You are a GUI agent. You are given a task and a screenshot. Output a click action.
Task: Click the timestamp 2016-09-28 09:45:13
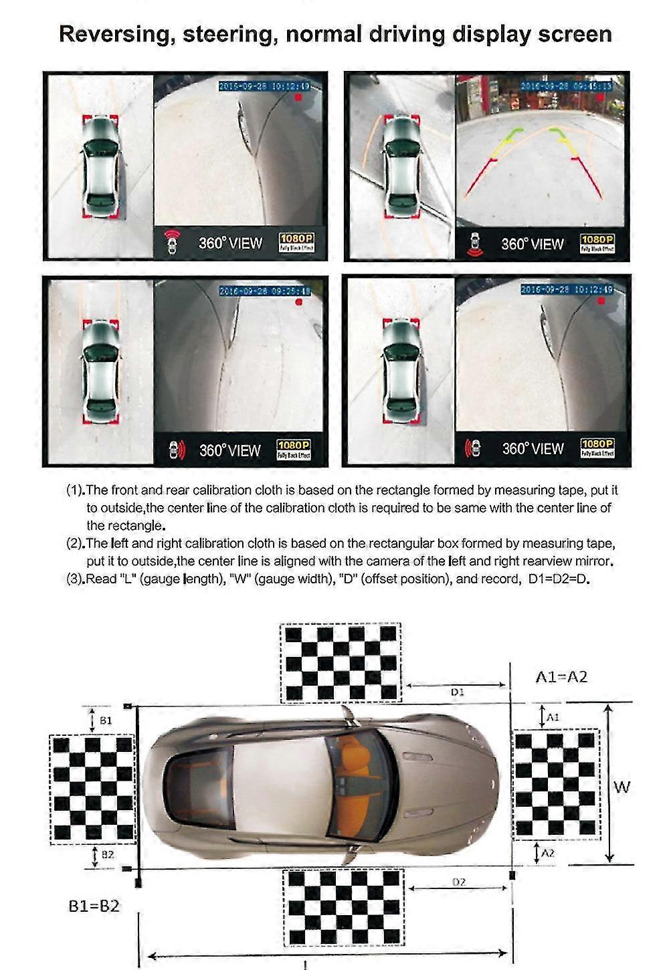tap(566, 86)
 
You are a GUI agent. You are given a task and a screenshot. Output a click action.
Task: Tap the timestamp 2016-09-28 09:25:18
tap(265, 291)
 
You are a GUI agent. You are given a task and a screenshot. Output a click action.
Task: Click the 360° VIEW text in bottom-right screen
tap(533, 449)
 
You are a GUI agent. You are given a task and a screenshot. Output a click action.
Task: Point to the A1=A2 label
tap(561, 677)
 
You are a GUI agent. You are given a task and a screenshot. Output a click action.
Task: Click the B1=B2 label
tap(94, 906)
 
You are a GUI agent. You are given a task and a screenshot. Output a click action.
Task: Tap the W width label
tap(622, 787)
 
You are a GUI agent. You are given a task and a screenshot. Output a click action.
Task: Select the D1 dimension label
tap(458, 692)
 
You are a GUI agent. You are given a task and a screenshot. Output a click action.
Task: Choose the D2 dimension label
tap(459, 882)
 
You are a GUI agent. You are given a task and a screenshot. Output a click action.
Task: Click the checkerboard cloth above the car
tap(341, 663)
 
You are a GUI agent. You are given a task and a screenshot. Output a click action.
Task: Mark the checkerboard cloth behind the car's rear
tap(92, 787)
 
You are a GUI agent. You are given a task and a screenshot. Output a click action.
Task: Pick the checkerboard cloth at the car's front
tap(555, 784)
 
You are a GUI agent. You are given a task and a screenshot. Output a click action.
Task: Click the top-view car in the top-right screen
tap(403, 167)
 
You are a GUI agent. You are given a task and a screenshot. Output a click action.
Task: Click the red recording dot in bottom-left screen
tap(299, 302)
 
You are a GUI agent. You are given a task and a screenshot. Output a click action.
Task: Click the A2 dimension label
tap(548, 853)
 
